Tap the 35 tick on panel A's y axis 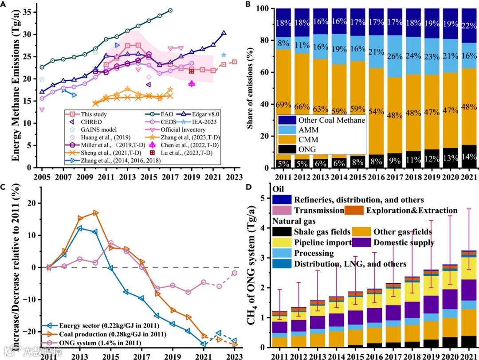pyautogui.click(x=31, y=12)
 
